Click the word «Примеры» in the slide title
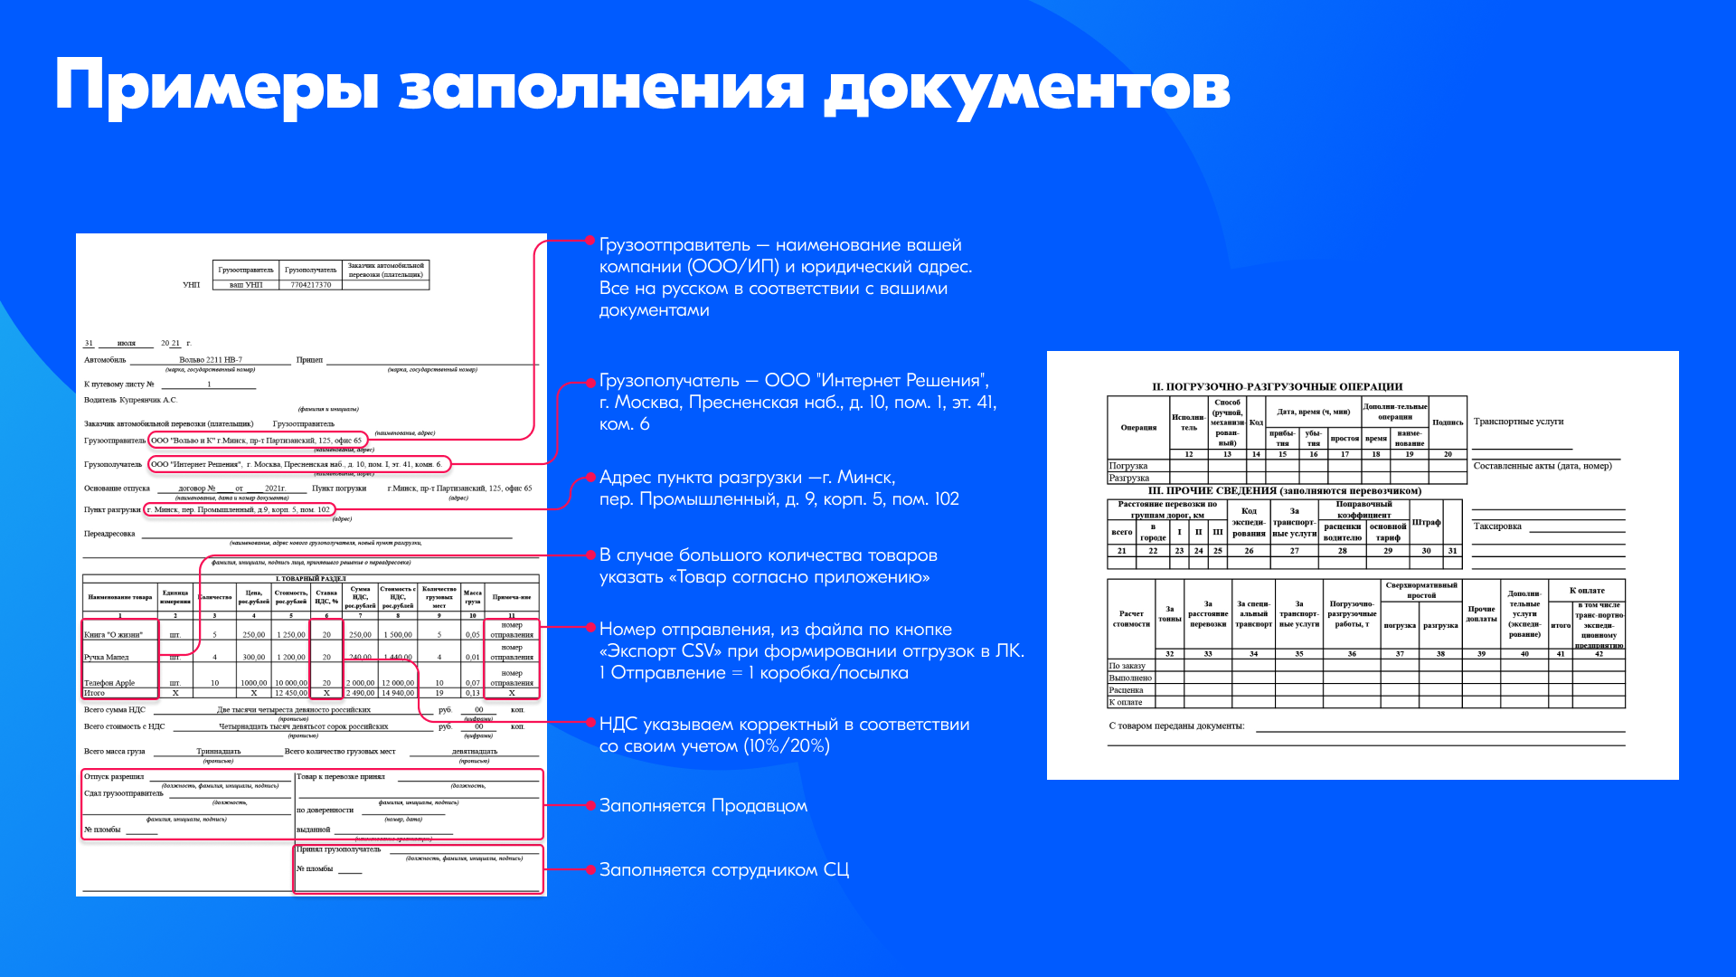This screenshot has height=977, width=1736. [x=216, y=89]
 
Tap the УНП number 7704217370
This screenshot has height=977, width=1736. [x=310, y=285]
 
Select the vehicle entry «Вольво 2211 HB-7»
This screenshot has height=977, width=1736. [x=211, y=360]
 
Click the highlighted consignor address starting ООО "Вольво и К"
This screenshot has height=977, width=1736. [x=257, y=441]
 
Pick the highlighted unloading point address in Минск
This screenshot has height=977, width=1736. [x=241, y=510]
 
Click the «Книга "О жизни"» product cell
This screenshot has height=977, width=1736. [x=114, y=635]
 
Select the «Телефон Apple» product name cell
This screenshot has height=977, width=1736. [x=109, y=683]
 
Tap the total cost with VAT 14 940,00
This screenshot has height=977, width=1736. [x=398, y=693]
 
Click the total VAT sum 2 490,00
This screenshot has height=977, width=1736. [x=360, y=693]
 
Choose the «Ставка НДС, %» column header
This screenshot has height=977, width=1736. [x=326, y=597]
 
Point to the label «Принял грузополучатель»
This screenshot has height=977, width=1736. [x=339, y=849]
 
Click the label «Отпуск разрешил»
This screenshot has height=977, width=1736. [x=114, y=777]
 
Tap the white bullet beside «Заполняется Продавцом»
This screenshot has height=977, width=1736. [x=590, y=805]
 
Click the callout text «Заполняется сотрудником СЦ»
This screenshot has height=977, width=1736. [x=724, y=870]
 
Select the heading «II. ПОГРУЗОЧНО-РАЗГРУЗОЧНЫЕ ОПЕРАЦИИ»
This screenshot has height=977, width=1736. [x=1277, y=387]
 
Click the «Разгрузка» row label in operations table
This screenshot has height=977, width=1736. [x=1129, y=478]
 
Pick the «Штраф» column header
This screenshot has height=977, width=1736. [x=1426, y=523]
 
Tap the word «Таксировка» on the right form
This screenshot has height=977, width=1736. [x=1497, y=526]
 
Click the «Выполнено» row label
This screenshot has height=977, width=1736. [x=1130, y=678]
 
